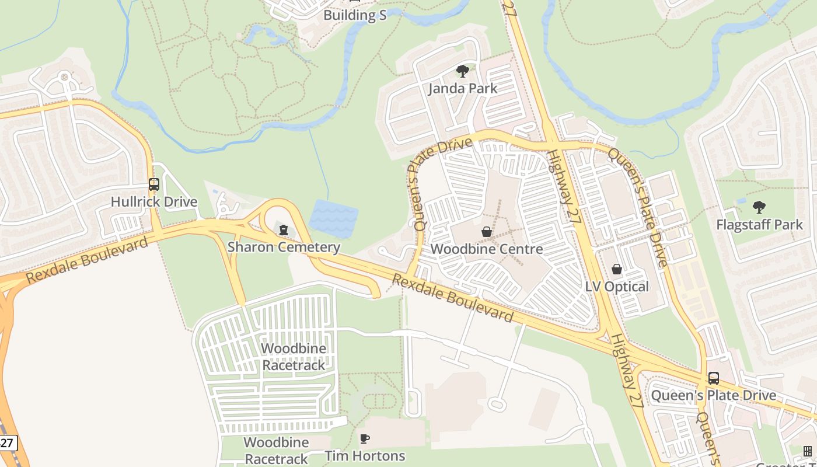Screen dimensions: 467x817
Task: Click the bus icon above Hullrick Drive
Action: (x=153, y=184)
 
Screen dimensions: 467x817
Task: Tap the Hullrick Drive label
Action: (x=154, y=202)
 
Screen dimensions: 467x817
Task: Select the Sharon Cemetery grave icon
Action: (x=284, y=230)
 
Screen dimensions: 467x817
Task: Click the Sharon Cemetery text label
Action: (x=284, y=247)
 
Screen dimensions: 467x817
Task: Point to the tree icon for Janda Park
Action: (x=463, y=71)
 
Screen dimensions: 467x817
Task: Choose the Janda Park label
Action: (x=463, y=89)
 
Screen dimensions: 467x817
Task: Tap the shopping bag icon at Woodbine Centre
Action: (x=487, y=232)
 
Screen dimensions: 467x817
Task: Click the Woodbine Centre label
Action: (x=487, y=249)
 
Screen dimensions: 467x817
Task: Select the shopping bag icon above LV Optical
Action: (x=617, y=269)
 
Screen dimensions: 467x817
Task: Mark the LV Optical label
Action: (x=617, y=287)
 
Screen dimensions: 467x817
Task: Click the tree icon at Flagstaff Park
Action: (x=759, y=207)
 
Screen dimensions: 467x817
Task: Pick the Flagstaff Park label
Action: (x=759, y=225)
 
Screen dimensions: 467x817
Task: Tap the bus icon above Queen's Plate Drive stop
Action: (x=713, y=378)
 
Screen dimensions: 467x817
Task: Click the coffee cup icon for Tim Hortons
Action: (x=365, y=438)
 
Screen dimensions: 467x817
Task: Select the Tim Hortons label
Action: (x=365, y=456)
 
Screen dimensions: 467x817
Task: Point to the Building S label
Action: (x=355, y=15)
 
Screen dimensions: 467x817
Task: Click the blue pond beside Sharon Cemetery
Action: (x=333, y=218)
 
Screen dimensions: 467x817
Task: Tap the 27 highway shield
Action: (x=7, y=443)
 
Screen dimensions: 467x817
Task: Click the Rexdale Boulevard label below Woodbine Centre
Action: (x=452, y=298)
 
